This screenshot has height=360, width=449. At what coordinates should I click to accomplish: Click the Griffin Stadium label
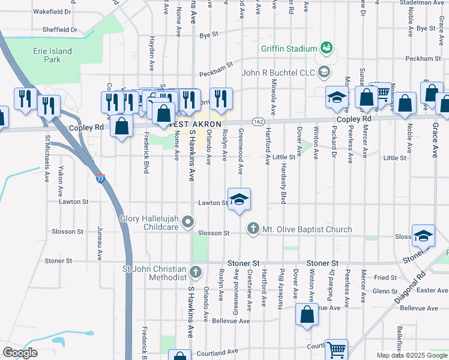click(288, 49)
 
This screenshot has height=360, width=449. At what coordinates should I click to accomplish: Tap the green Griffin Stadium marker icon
click(327, 47)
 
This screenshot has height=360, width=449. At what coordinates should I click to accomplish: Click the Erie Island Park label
click(52, 56)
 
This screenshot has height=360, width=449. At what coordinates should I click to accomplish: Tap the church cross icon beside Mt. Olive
click(253, 228)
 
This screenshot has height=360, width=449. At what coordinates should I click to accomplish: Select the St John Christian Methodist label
click(154, 272)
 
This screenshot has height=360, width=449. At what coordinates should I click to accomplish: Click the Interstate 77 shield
click(100, 178)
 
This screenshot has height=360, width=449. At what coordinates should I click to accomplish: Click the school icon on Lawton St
click(239, 200)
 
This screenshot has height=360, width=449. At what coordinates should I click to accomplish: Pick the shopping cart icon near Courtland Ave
click(336, 349)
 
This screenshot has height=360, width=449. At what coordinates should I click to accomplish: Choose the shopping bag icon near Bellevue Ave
click(307, 314)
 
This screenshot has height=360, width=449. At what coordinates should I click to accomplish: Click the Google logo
click(20, 353)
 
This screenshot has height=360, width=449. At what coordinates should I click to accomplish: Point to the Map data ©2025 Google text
click(412, 355)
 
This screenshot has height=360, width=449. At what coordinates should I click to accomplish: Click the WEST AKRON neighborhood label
click(187, 124)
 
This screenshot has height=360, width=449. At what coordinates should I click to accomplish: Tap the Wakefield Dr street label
click(52, 11)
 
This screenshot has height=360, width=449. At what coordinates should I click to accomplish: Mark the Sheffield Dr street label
click(59, 29)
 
